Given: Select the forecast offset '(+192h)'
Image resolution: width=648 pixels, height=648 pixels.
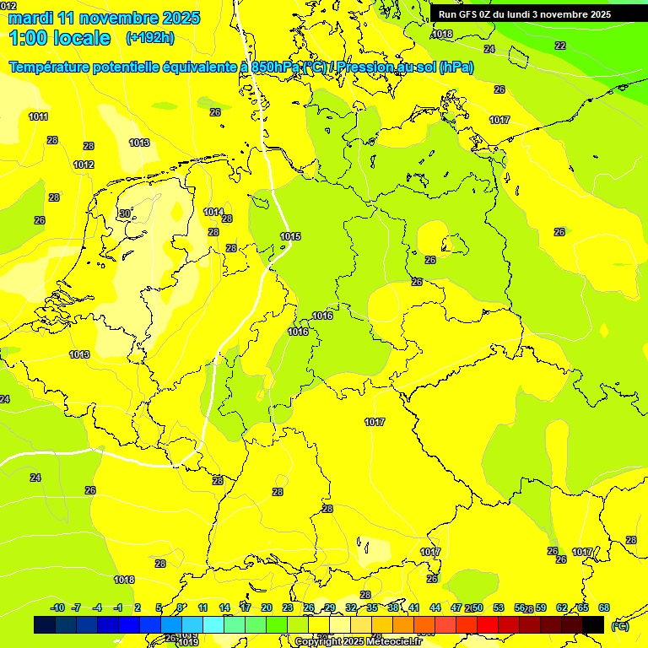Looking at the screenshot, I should (151, 38).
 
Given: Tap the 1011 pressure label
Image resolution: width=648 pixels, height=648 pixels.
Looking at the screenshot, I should (38, 116).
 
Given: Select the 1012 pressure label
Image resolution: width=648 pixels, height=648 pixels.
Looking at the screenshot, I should (84, 165).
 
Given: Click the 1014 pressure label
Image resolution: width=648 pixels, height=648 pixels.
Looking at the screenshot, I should (213, 212).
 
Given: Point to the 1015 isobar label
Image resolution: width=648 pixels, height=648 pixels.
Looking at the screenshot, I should (290, 236).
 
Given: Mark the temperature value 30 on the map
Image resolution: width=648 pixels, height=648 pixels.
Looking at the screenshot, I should (125, 213).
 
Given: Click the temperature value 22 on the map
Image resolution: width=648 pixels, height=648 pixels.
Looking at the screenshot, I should (559, 46).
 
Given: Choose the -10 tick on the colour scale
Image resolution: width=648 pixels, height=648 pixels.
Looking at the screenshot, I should (57, 607).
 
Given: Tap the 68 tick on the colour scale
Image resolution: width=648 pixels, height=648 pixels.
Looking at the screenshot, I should (604, 607).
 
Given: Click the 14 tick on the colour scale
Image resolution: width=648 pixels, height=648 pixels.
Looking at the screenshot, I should (224, 607).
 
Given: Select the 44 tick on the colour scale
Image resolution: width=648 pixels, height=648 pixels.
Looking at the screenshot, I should (435, 607).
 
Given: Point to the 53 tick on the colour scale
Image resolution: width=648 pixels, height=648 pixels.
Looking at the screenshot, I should (499, 607).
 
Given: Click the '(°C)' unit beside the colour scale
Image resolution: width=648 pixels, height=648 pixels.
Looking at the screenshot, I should (619, 625).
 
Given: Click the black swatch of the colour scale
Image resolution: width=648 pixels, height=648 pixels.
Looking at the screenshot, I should (593, 624).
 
